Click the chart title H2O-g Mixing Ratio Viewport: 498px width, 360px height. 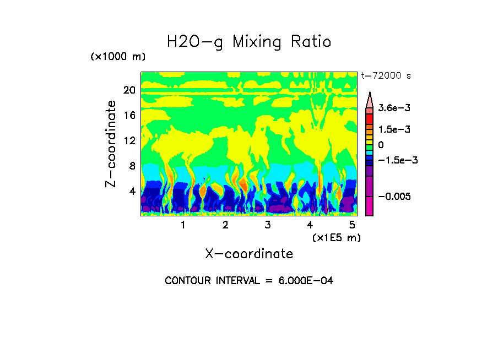tap(249, 42)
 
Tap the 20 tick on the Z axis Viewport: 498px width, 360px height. tap(129, 90)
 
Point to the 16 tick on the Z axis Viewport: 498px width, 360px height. tap(129, 116)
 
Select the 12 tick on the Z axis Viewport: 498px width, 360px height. tap(129, 141)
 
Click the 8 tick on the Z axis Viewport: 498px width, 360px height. tap(132, 166)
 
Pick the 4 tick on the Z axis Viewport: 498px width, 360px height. tap(132, 192)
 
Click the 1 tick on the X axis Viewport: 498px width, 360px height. tap(183, 225)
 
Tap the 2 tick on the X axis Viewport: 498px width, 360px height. tap(225, 225)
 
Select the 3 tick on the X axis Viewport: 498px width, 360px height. tap(268, 225)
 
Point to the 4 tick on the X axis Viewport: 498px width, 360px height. tap(310, 225)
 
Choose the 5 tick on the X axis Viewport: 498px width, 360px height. tap(352, 225)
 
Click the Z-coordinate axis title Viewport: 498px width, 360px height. tap(111, 144)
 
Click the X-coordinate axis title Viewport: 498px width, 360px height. tap(249, 254)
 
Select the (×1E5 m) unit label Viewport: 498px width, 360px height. tap(337, 237)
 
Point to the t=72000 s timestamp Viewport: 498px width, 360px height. tap(386, 75)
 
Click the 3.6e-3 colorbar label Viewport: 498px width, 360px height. tap(391, 109)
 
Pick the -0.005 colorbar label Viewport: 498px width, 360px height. tap(392, 197)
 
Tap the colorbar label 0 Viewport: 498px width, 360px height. tap(381, 145)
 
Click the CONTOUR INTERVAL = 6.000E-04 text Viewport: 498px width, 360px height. tap(249, 281)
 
